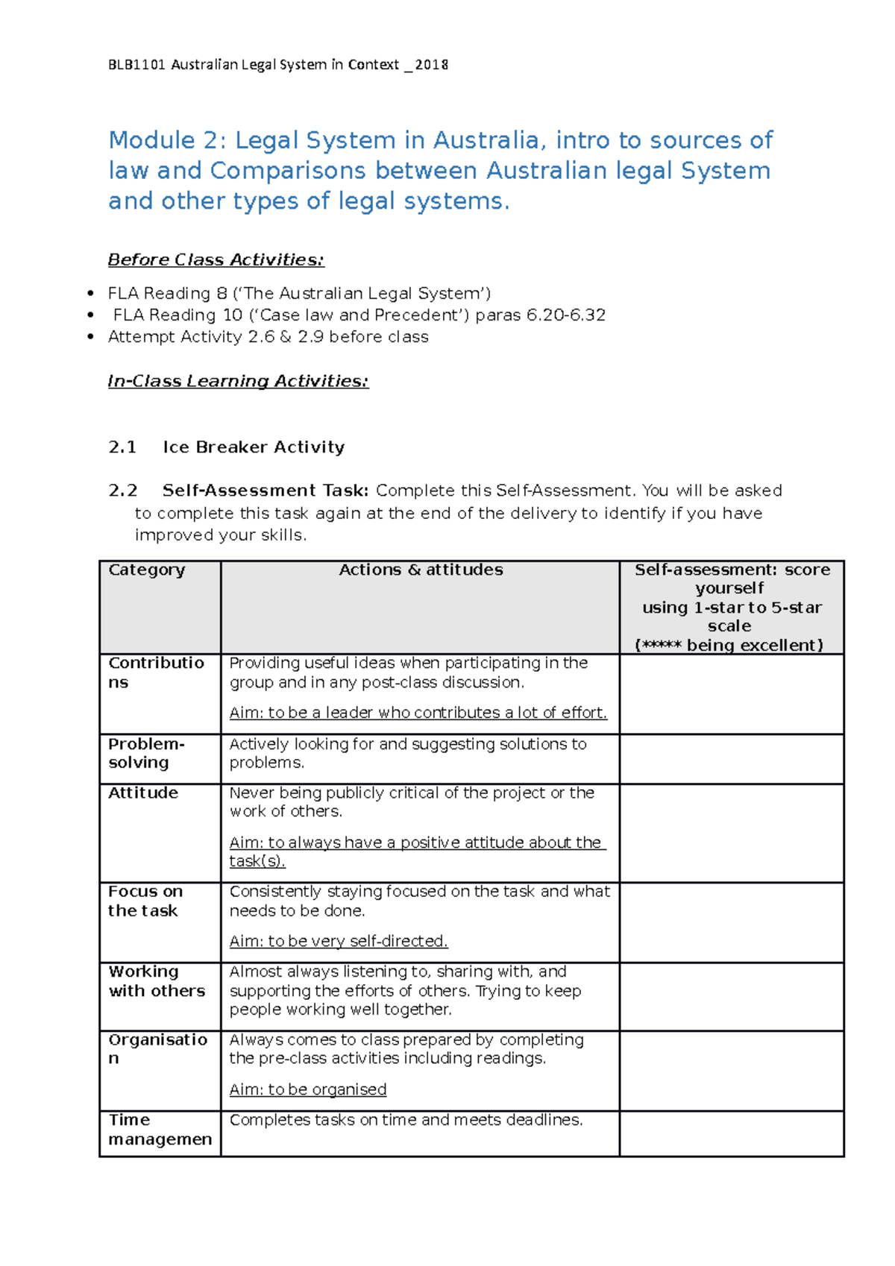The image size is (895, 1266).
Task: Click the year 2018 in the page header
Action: coord(432,65)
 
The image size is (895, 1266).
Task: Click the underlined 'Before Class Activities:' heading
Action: coord(216,259)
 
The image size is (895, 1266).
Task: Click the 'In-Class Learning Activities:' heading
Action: coord(238,381)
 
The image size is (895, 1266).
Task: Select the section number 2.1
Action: coord(122,447)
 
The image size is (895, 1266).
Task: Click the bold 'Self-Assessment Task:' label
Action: coord(265,491)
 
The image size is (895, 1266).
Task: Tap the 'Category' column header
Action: coord(146,570)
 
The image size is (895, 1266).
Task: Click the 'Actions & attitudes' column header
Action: coord(421,570)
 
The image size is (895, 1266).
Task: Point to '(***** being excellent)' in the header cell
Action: coord(729,645)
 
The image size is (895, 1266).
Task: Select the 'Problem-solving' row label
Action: coord(145,753)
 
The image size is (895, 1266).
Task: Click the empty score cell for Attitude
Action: coord(731,833)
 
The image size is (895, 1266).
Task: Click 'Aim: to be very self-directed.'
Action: coord(339,941)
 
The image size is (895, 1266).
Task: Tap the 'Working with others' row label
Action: coord(156,981)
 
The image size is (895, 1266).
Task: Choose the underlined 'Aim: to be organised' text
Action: coord(308,1089)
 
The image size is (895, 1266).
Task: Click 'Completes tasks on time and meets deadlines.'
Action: coord(406,1120)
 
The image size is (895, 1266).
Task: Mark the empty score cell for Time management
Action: coord(731,1133)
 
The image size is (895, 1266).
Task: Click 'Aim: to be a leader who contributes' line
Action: coord(418,713)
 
